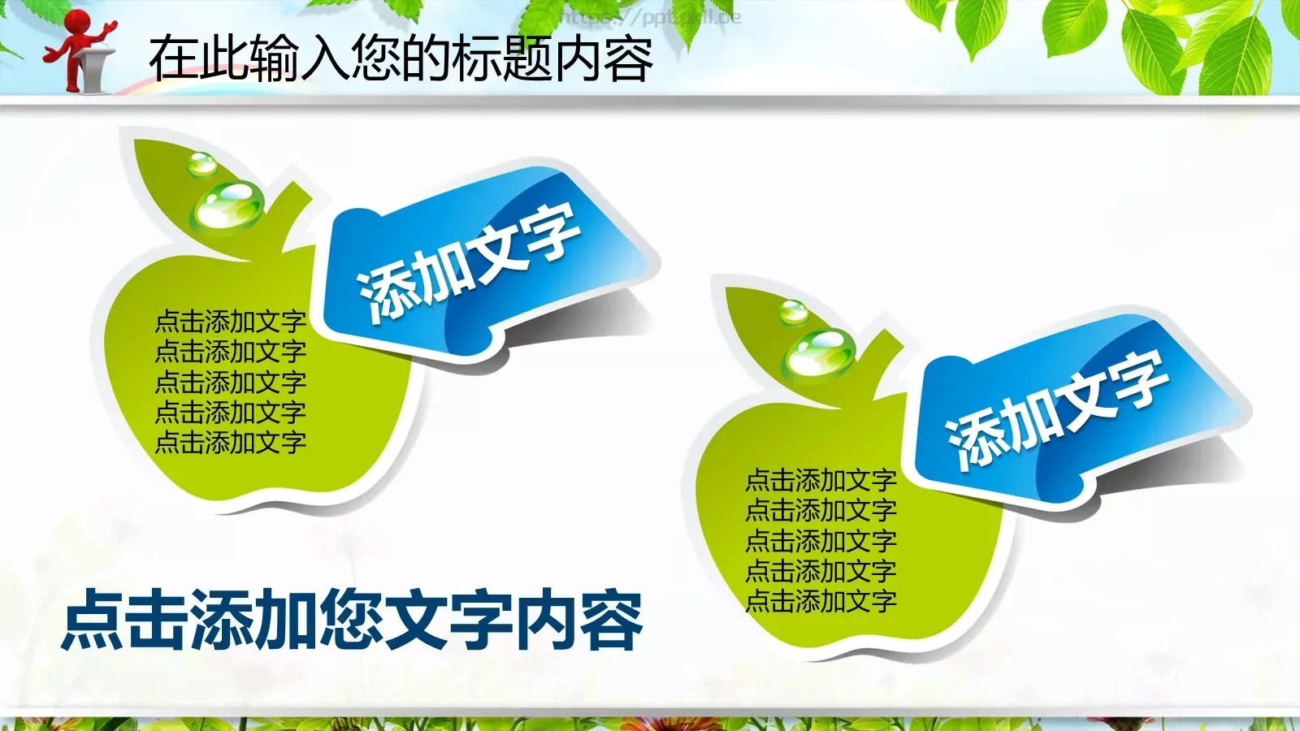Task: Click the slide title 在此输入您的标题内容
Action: (401, 58)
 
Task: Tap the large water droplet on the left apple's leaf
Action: (228, 205)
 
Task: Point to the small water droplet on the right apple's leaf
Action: (793, 311)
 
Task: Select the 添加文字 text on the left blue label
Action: (469, 262)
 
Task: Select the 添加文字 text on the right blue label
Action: (1058, 409)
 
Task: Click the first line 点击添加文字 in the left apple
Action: (231, 322)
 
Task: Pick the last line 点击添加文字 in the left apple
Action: (231, 443)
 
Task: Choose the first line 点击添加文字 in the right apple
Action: (821, 481)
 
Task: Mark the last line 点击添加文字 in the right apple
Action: (821, 602)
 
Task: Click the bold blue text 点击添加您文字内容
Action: (353, 621)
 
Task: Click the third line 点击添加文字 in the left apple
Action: (231, 382)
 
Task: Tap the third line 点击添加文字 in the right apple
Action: (821, 541)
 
